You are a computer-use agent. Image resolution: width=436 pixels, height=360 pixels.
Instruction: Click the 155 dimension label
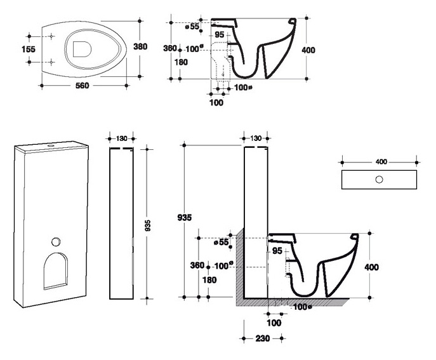click(x=29, y=50)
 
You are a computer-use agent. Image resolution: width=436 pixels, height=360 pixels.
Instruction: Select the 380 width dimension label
click(x=140, y=46)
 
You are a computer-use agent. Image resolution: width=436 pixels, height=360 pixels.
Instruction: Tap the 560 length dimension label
click(x=83, y=86)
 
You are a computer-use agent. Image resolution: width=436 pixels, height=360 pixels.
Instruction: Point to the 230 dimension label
click(x=263, y=338)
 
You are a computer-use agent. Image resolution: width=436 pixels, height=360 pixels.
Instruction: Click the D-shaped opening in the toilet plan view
click(x=82, y=50)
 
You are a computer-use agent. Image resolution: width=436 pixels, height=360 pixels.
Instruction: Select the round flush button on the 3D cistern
click(x=56, y=241)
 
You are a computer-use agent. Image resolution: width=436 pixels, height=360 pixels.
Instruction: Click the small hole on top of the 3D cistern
click(x=51, y=145)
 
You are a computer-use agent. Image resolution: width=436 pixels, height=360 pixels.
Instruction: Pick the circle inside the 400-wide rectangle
click(x=379, y=180)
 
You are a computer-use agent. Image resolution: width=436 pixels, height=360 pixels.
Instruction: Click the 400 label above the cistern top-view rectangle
click(x=381, y=162)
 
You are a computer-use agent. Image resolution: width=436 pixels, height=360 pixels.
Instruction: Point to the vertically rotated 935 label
click(x=148, y=225)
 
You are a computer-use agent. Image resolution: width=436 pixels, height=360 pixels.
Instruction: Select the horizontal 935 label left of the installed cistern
click(x=184, y=218)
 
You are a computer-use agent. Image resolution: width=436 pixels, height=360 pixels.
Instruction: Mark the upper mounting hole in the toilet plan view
click(x=51, y=36)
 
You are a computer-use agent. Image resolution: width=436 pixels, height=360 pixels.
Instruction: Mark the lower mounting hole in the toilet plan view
click(x=51, y=62)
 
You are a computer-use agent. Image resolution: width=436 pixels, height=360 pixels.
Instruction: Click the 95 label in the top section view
click(x=220, y=35)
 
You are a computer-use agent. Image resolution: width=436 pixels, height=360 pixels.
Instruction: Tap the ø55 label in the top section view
click(x=192, y=27)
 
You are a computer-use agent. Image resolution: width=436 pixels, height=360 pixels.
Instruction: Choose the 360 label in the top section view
click(x=170, y=48)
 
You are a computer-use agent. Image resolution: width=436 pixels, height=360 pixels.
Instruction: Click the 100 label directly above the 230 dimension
click(x=274, y=323)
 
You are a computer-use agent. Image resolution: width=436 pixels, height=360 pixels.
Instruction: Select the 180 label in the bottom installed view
click(x=209, y=280)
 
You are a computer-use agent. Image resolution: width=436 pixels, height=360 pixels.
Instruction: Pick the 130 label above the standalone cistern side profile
click(x=121, y=138)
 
